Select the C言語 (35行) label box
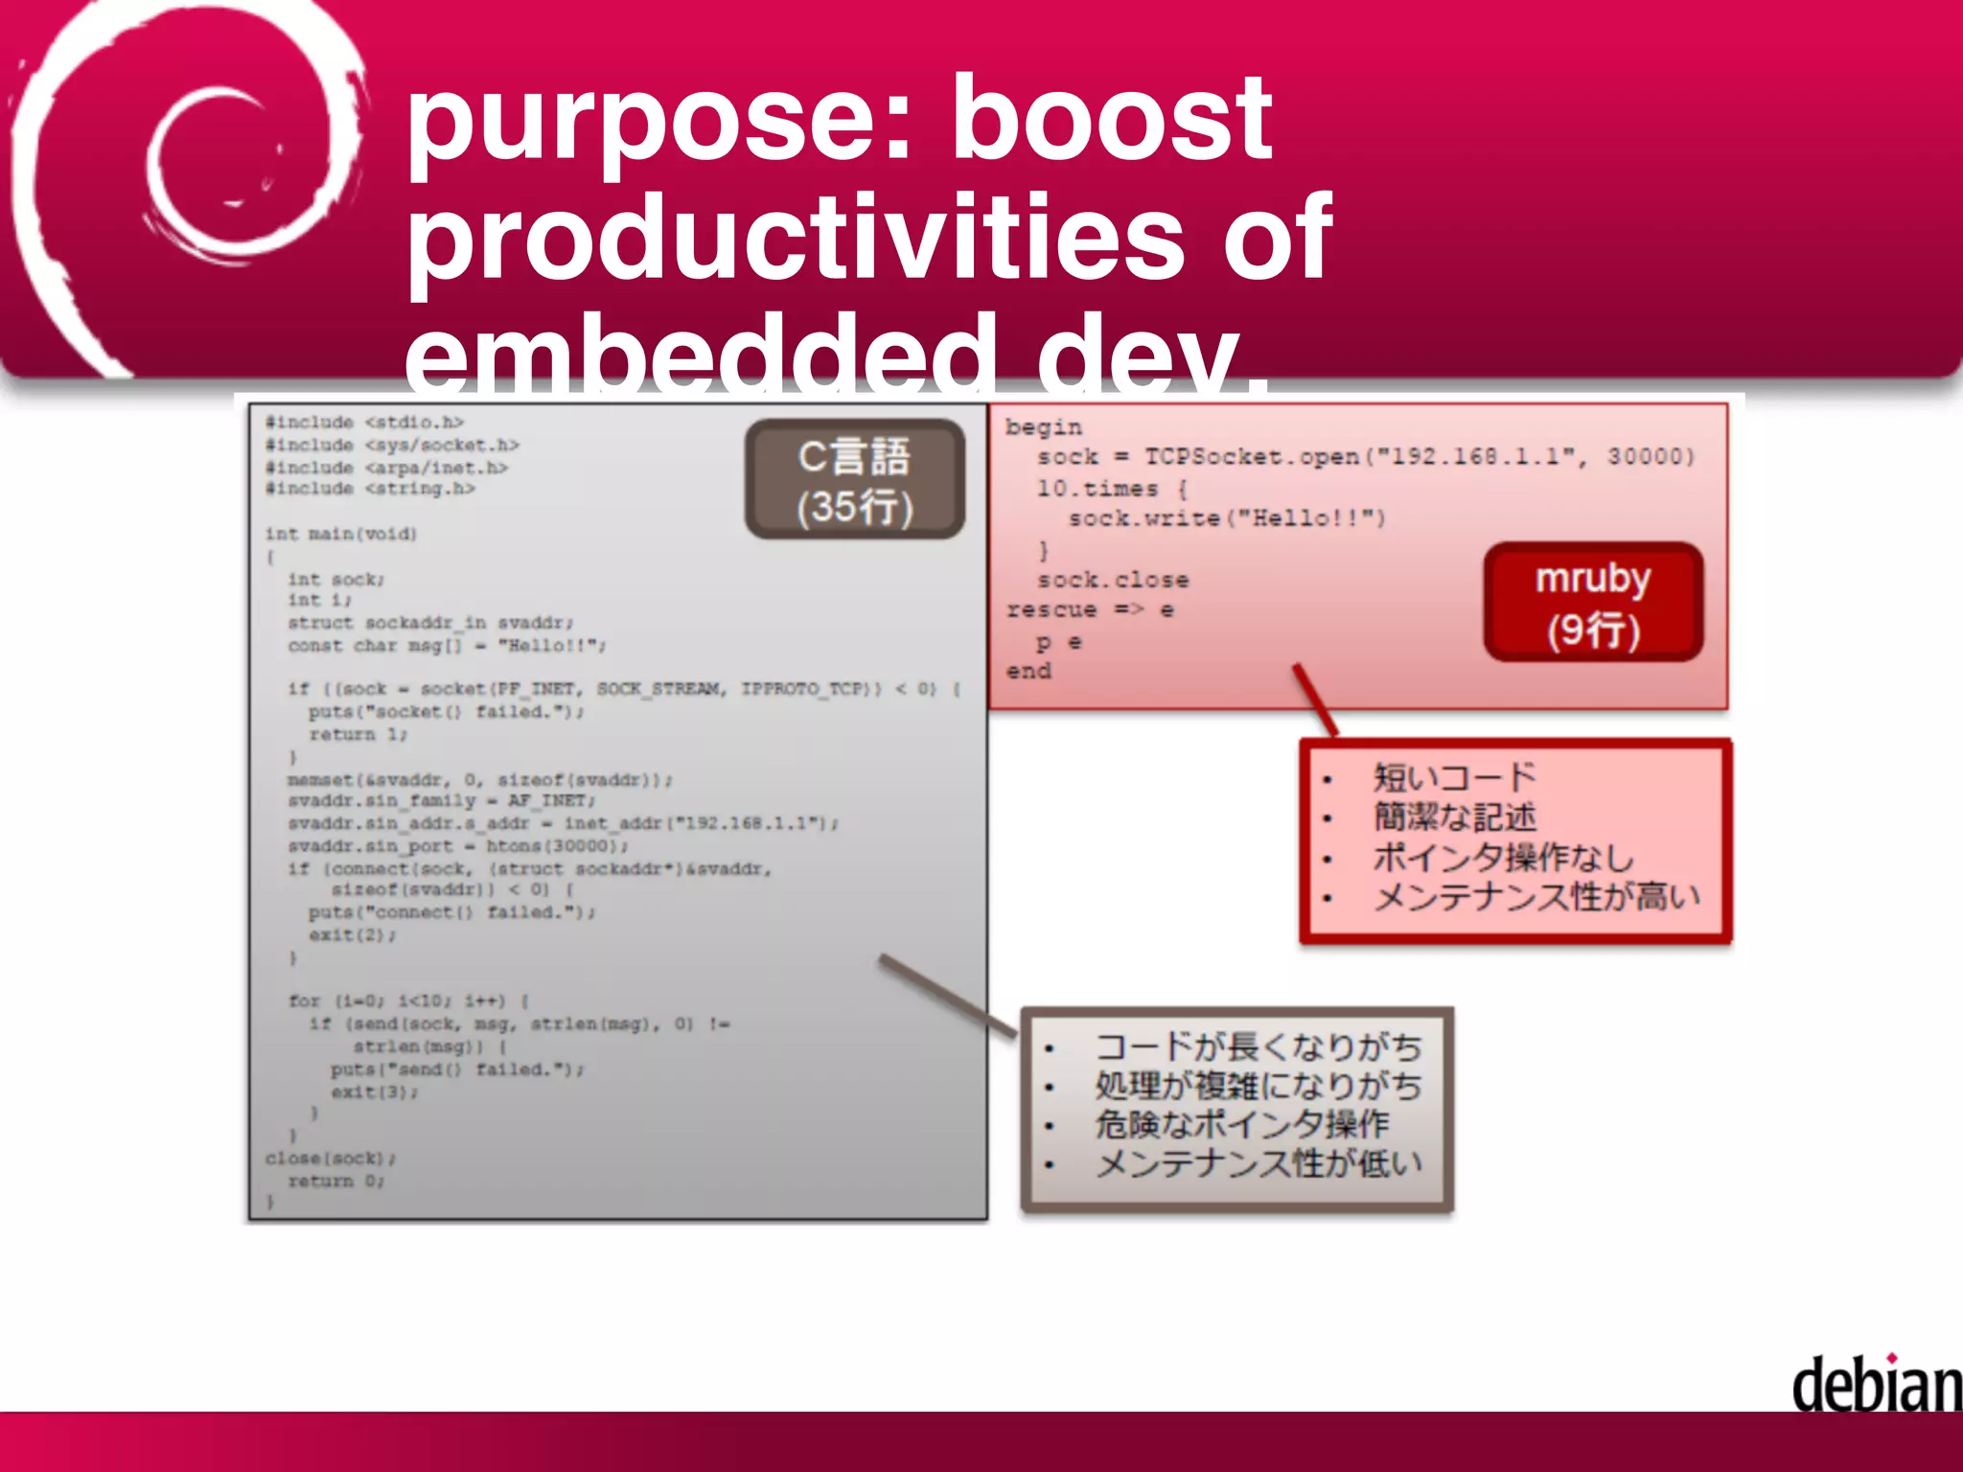[854, 480]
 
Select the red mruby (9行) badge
[1592, 603]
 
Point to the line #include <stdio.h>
[364, 423]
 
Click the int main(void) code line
[341, 534]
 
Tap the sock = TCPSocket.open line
[1365, 457]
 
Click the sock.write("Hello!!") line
[1227, 518]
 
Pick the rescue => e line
[1090, 610]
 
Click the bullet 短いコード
[1453, 776]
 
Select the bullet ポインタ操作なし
[1501, 857]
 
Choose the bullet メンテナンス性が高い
[1536, 897]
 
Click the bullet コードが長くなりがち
[1258, 1046]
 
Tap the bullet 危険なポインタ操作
[1241, 1124]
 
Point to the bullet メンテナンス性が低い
[1258, 1163]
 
